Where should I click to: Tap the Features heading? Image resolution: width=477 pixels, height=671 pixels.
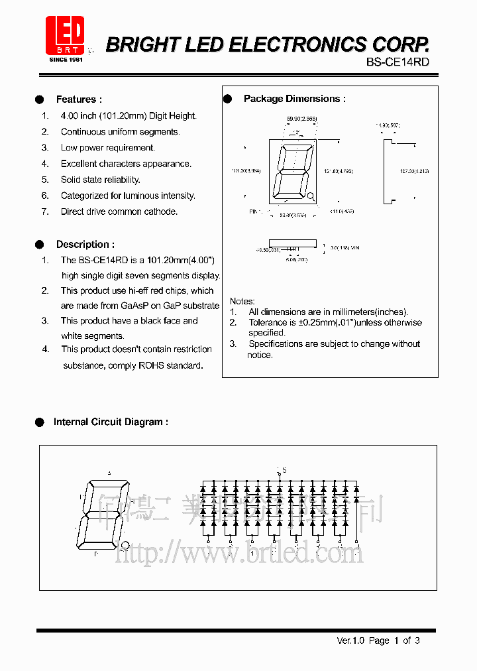click(79, 99)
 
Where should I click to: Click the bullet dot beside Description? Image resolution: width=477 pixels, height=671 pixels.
click(39, 244)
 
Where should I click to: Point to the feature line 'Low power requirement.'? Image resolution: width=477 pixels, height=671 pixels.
click(108, 148)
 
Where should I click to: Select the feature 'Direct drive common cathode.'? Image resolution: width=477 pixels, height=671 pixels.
click(119, 212)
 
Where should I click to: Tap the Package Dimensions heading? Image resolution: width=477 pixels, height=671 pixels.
click(295, 99)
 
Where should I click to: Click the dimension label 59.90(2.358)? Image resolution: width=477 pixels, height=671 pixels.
click(301, 119)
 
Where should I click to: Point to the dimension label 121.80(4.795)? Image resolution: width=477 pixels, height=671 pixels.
click(339, 171)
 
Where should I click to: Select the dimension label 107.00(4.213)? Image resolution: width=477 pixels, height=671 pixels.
click(414, 171)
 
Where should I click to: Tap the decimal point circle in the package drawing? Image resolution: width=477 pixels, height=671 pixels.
click(311, 196)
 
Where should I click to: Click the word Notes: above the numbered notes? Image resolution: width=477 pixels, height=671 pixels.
click(242, 301)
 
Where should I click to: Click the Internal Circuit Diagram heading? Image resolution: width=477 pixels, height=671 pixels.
click(111, 422)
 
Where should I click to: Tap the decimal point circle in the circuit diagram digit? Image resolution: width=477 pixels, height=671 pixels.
click(125, 545)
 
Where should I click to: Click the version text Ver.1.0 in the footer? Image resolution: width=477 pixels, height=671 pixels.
click(350, 640)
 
